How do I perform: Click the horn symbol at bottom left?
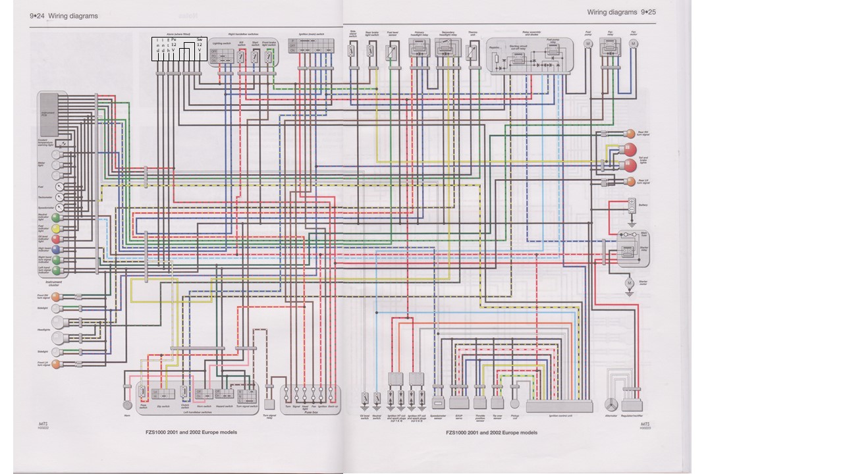point(127,406)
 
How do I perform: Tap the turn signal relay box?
point(269,404)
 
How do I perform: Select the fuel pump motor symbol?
point(588,43)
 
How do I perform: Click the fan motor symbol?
point(634,43)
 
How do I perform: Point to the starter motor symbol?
point(629,283)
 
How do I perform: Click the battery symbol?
point(631,205)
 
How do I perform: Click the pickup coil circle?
point(514,404)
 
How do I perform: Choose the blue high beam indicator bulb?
point(56,250)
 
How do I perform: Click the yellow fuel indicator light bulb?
point(56,228)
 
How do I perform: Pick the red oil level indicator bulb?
point(56,239)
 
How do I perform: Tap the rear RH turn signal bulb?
point(630,134)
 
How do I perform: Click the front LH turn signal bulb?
point(57,364)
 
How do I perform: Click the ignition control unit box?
point(559,406)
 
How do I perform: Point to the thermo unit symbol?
point(472,53)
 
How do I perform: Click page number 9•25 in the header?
point(648,12)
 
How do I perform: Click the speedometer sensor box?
point(438,403)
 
